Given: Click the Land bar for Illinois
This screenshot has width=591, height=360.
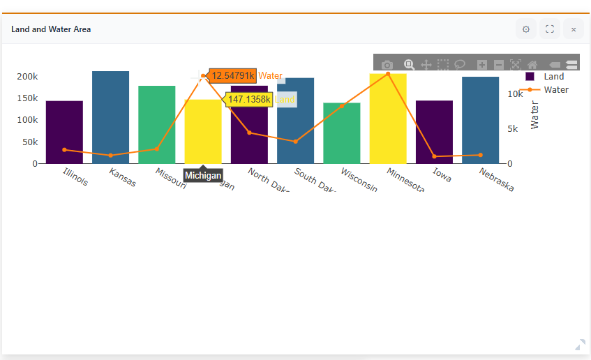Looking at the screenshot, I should pos(64,132).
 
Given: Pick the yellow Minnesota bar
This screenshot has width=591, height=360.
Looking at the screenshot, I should pos(388,119).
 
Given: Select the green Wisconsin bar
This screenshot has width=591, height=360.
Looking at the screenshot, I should pos(341,133).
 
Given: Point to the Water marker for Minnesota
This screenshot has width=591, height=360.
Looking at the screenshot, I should pos(388,74).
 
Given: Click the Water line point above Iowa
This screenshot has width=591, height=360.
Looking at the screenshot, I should pos(434,156).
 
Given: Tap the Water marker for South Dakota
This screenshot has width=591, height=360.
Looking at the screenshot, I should pos(295,142).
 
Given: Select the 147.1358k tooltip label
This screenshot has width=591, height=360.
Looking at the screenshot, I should pos(248,100).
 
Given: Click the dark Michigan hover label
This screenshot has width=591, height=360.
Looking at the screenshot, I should pos(203,176).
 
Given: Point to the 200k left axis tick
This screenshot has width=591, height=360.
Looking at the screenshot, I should pos(27,76).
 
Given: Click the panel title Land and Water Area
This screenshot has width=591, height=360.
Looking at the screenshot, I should pos(51,29).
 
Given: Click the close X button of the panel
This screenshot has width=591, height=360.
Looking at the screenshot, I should pos(574,29).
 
